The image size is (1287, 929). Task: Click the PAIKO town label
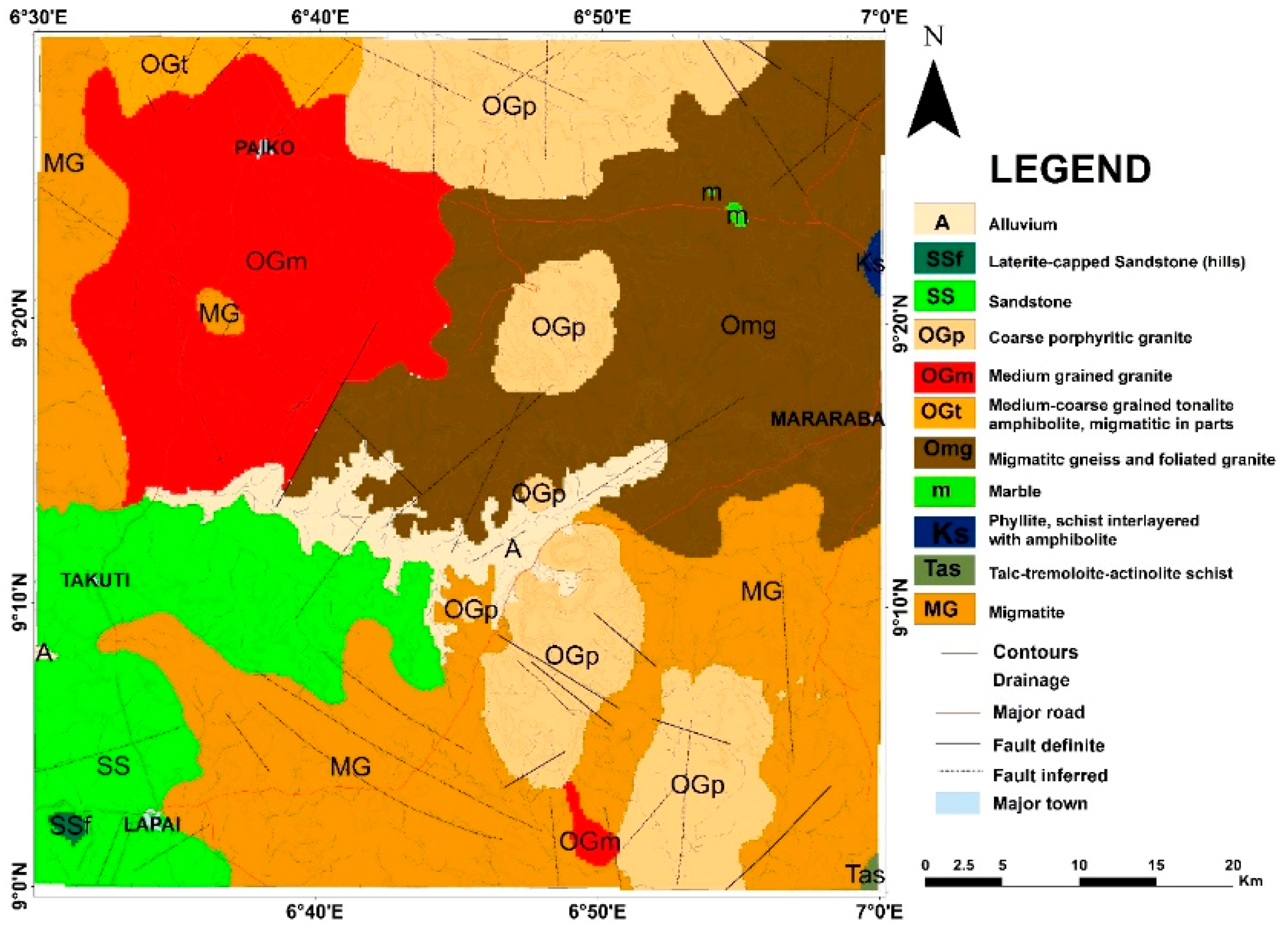[265, 148]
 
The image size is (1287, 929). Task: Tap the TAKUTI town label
[95, 580]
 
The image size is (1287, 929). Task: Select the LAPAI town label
[152, 825]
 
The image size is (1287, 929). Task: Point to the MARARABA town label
[827, 419]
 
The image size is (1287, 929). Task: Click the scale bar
[1078, 881]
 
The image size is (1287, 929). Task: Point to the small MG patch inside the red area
[221, 312]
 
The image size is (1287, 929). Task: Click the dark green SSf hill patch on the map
[67, 827]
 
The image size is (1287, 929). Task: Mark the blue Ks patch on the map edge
[874, 263]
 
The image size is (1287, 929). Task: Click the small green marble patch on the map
[736, 214]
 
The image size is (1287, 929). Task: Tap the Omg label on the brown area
[748, 326]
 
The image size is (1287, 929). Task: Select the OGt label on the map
[164, 65]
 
